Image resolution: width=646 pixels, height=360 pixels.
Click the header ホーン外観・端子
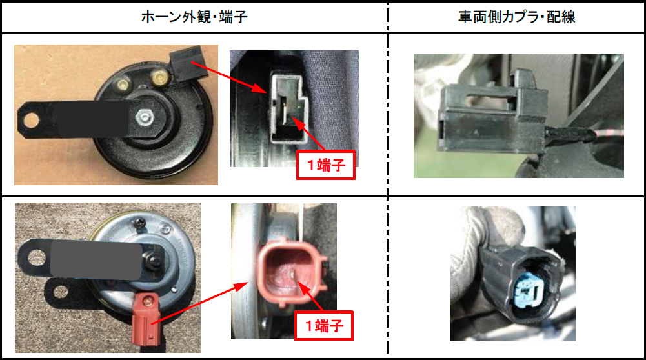[x=194, y=17]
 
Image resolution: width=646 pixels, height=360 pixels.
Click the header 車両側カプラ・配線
[x=516, y=17]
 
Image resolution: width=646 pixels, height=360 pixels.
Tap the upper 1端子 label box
[x=326, y=166]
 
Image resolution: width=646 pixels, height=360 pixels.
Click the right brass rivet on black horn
[x=156, y=79]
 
